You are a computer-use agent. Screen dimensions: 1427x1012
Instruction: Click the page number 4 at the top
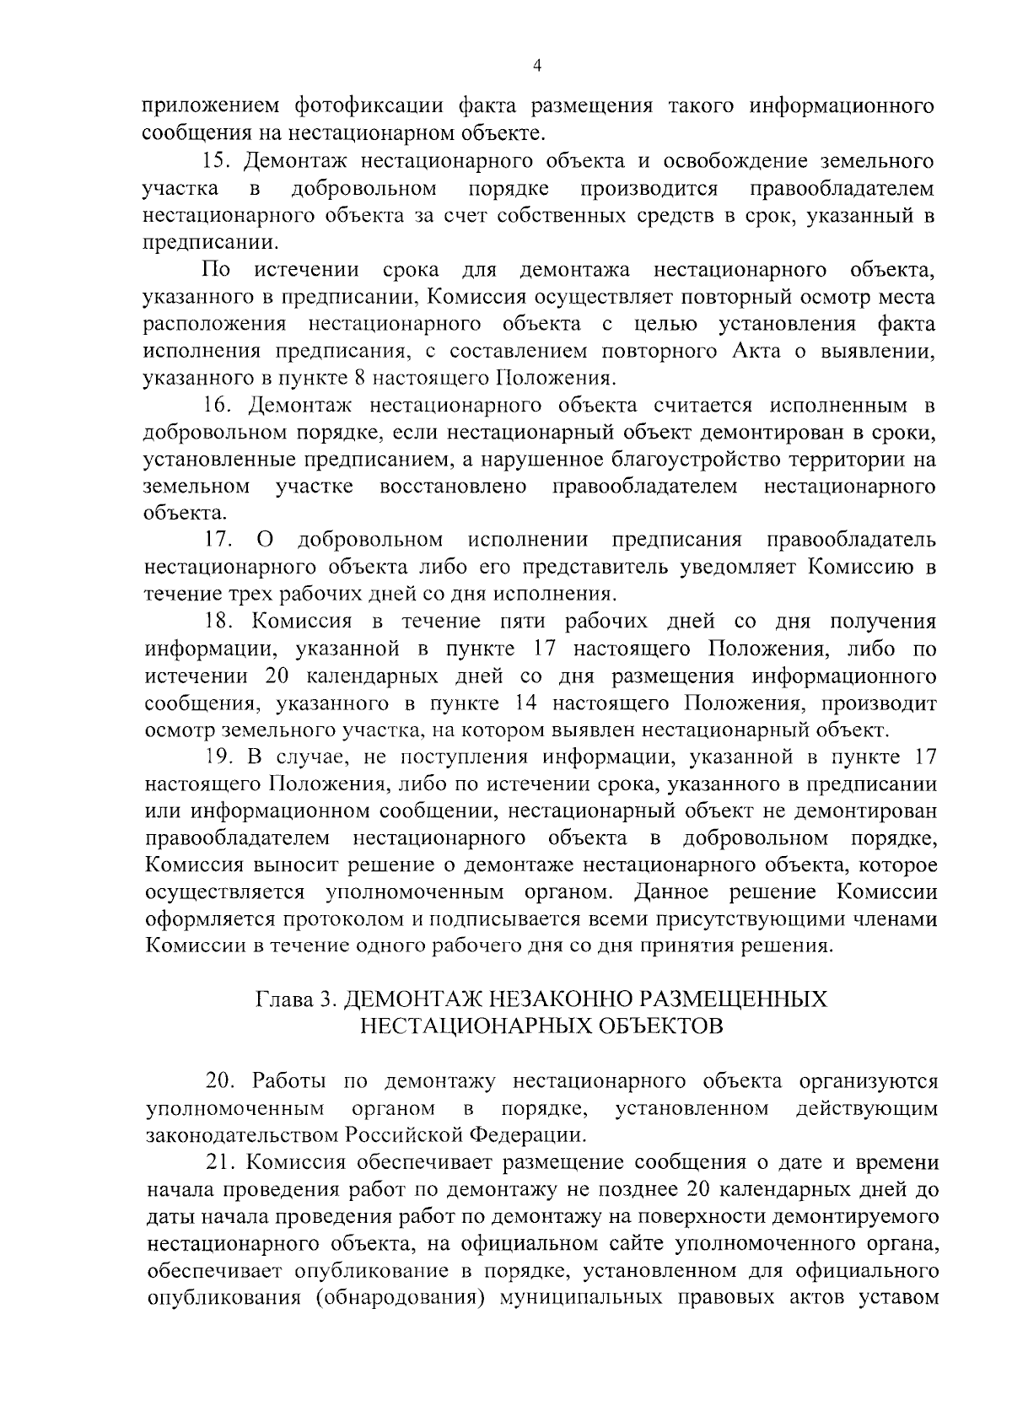tap(538, 67)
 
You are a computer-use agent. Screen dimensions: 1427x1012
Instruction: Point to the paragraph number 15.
tap(220, 161)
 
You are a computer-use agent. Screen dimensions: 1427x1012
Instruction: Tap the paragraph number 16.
tap(220, 406)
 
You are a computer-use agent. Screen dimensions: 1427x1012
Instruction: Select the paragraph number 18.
tap(220, 622)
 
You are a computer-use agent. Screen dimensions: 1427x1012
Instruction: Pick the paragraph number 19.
tap(220, 757)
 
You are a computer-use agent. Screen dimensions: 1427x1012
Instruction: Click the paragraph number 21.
tap(220, 1162)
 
